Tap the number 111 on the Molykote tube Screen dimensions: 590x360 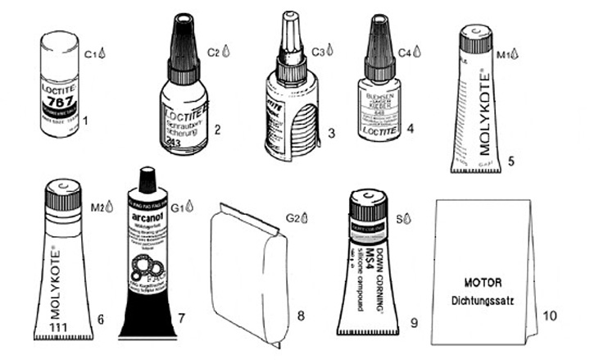pyautogui.click(x=58, y=328)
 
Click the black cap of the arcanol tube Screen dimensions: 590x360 pyautogui.click(x=147, y=180)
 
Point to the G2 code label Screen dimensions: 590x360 pyautogui.click(x=293, y=218)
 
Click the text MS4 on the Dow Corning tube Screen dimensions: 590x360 pyautogui.click(x=370, y=260)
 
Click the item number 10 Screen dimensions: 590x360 pyautogui.click(x=550, y=315)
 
